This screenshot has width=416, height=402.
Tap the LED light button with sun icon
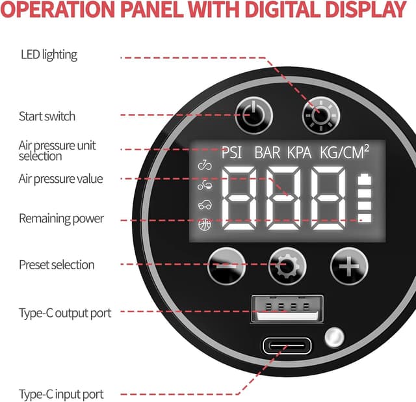[321, 116]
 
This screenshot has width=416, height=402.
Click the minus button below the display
[226, 266]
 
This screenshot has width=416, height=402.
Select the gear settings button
[287, 266]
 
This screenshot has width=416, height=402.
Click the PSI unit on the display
[231, 153]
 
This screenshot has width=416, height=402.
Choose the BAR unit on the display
[267, 153]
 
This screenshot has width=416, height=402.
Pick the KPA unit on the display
[299, 153]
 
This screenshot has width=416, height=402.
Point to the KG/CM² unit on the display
[344, 152]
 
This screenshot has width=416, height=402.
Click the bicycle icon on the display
[205, 165]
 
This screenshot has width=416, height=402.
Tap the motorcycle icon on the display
[205, 185]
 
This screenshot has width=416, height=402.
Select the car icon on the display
[205, 205]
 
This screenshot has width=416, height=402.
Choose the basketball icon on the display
[205, 225]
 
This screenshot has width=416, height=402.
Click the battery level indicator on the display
[364, 198]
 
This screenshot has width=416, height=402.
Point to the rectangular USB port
[287, 308]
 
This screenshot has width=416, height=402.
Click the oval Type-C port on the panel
[287, 345]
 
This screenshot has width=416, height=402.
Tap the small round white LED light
[334, 338]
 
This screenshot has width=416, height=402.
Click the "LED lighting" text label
[49, 55]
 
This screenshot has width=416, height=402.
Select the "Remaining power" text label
[61, 219]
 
